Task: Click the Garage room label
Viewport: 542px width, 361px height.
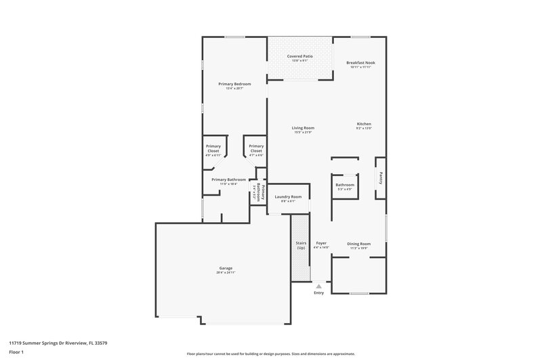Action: pos(226,268)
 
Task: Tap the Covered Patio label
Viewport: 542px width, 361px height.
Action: pos(299,56)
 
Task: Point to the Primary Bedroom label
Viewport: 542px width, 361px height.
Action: pos(234,84)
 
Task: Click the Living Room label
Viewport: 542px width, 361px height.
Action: pos(303,127)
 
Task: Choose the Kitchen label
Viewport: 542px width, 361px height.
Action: pos(364,124)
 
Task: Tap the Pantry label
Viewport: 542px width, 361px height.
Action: pos(381,178)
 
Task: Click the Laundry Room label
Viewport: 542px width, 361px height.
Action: pos(287,196)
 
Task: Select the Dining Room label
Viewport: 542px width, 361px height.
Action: pos(359,243)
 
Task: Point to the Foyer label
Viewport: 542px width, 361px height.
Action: pos(321,242)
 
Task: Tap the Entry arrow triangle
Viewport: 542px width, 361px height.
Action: pos(319,286)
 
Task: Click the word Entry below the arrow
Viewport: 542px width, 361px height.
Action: pos(319,293)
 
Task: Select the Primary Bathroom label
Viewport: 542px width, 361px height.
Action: pos(228,179)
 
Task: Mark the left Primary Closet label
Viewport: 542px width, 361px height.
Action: pos(213,148)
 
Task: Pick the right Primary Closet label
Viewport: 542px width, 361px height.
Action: pos(256,148)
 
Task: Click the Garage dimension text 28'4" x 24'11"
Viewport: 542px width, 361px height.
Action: pos(226,272)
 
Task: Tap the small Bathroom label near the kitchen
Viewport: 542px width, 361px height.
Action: pos(344,185)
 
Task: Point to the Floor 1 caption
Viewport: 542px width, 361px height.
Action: pos(17,353)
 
